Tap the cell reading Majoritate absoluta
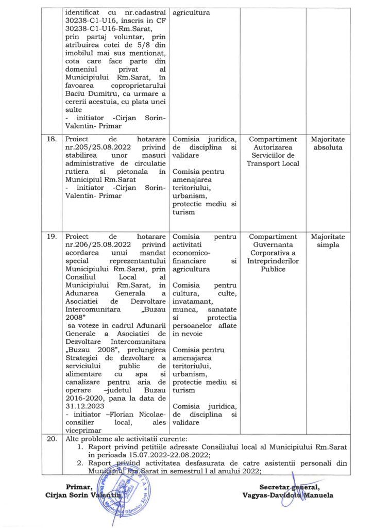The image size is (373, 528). [x=328, y=143]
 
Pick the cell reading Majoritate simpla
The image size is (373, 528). [x=328, y=241]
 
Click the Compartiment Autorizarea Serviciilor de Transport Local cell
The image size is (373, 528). [x=273, y=152]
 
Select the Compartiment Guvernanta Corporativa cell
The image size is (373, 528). [x=273, y=253]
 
